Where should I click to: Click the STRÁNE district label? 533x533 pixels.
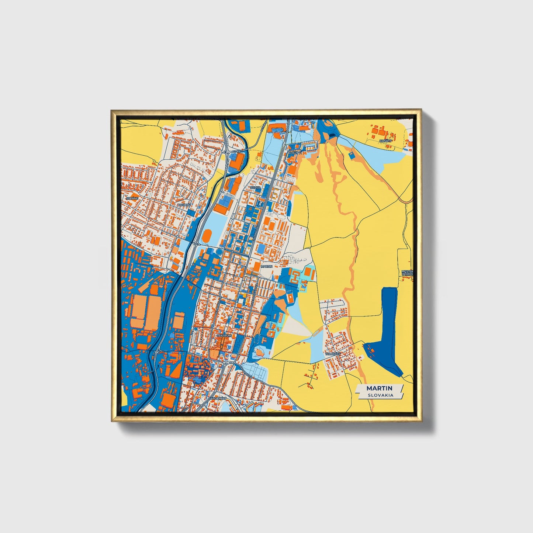click(132, 198)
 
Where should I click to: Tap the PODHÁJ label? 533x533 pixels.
click(183, 205)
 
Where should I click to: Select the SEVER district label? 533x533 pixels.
click(255, 187)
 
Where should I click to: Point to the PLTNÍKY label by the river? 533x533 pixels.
click(237, 151)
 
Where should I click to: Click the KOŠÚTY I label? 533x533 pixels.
click(295, 152)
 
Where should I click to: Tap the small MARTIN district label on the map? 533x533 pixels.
click(266, 266)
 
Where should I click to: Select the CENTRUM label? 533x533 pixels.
click(224, 336)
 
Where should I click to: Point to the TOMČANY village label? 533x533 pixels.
click(333, 354)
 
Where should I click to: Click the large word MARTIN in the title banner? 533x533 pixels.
click(379, 388)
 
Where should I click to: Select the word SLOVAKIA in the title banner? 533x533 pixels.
click(380, 395)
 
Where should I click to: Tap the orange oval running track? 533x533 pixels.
click(208, 235)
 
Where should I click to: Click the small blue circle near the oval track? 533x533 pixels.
click(220, 252)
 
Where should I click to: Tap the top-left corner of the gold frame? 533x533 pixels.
click(112, 110)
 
